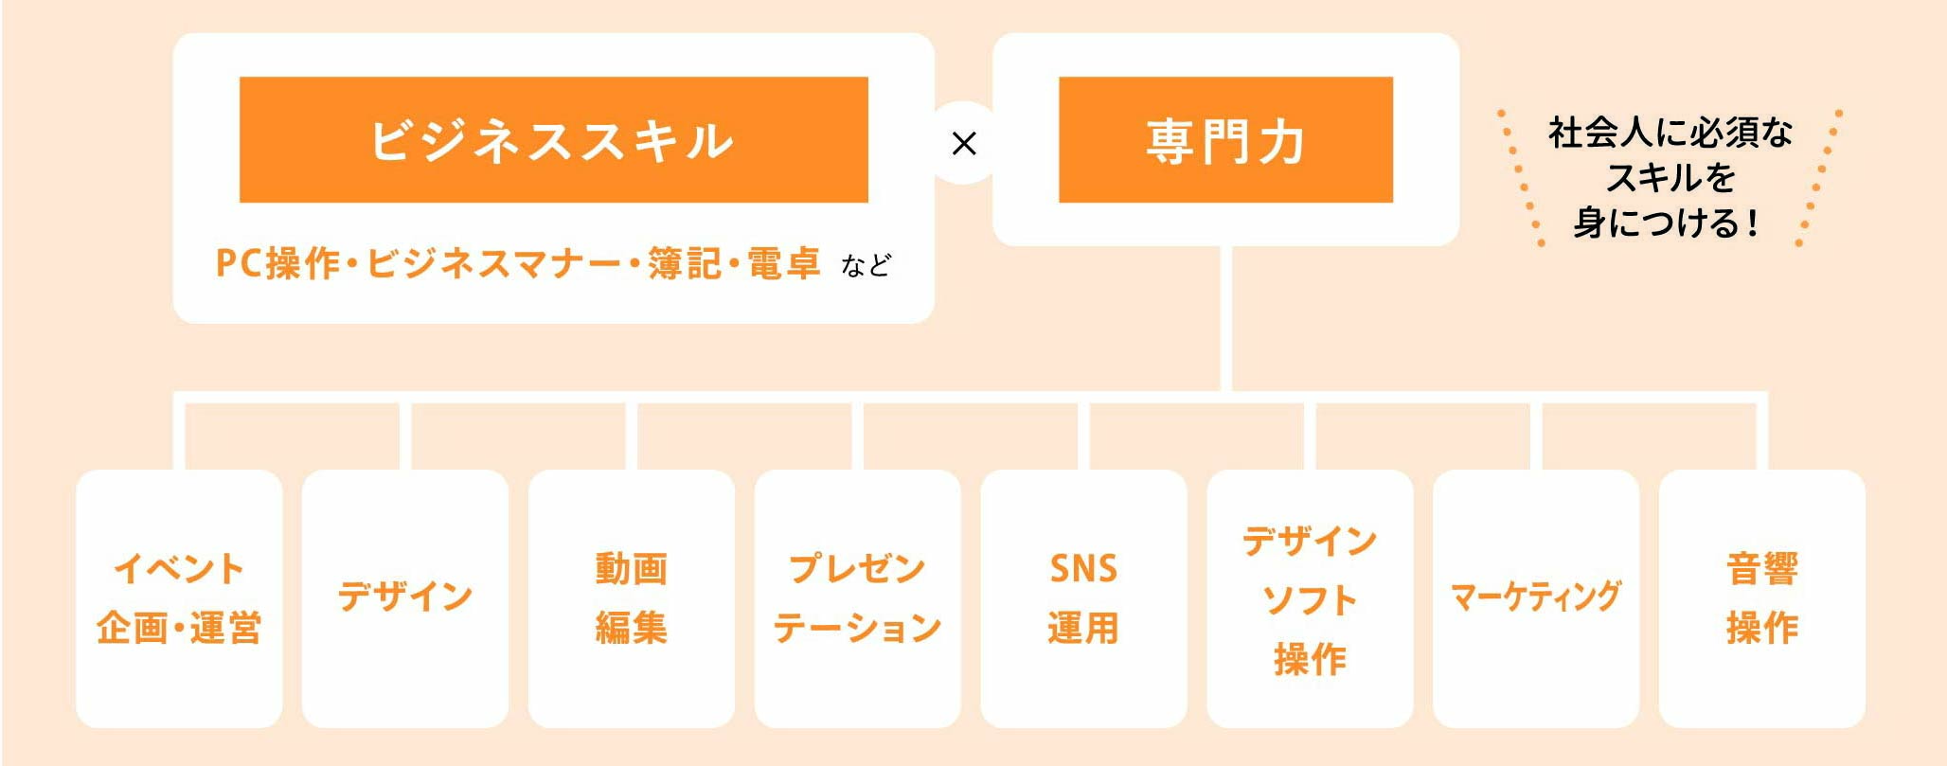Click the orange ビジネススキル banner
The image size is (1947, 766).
[553, 139]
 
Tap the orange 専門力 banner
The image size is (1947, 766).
[1225, 139]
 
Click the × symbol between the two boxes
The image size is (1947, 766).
[964, 143]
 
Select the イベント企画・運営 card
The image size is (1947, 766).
[179, 598]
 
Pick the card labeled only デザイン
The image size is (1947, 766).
[405, 598]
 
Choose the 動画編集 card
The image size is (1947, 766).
[632, 598]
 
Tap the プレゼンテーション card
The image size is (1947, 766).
[858, 598]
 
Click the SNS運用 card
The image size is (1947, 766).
[1084, 598]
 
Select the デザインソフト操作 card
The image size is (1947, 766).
[1311, 598]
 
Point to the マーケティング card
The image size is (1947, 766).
[1537, 598]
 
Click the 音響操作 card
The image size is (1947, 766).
[1763, 598]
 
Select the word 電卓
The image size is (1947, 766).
[783, 263]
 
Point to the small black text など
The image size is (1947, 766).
[866, 265]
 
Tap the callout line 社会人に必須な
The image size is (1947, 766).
[1670, 133]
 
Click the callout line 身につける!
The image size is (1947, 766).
[1667, 223]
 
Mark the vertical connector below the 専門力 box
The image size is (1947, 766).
[1226, 318]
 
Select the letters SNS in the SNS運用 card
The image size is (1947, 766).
[1084, 569]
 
